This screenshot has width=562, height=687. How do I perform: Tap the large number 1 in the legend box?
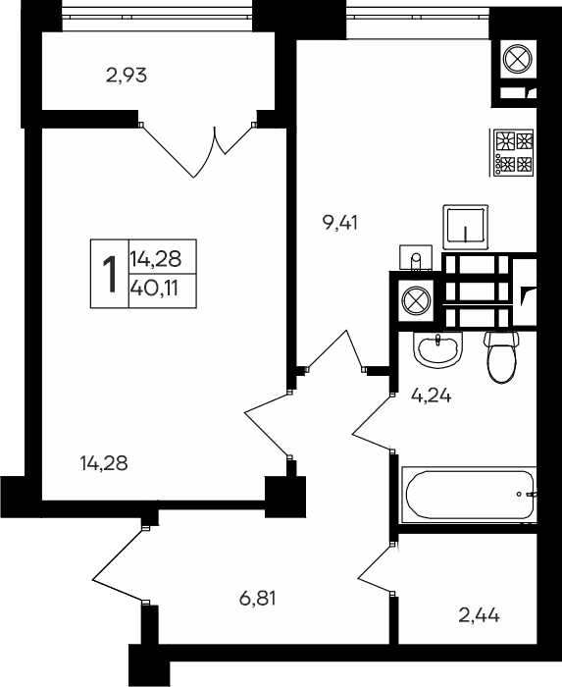click(x=110, y=273)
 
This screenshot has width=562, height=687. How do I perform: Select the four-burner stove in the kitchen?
click(x=514, y=151)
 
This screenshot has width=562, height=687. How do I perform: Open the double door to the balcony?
click(x=200, y=147)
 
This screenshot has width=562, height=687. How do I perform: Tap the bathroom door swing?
click(x=373, y=417)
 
